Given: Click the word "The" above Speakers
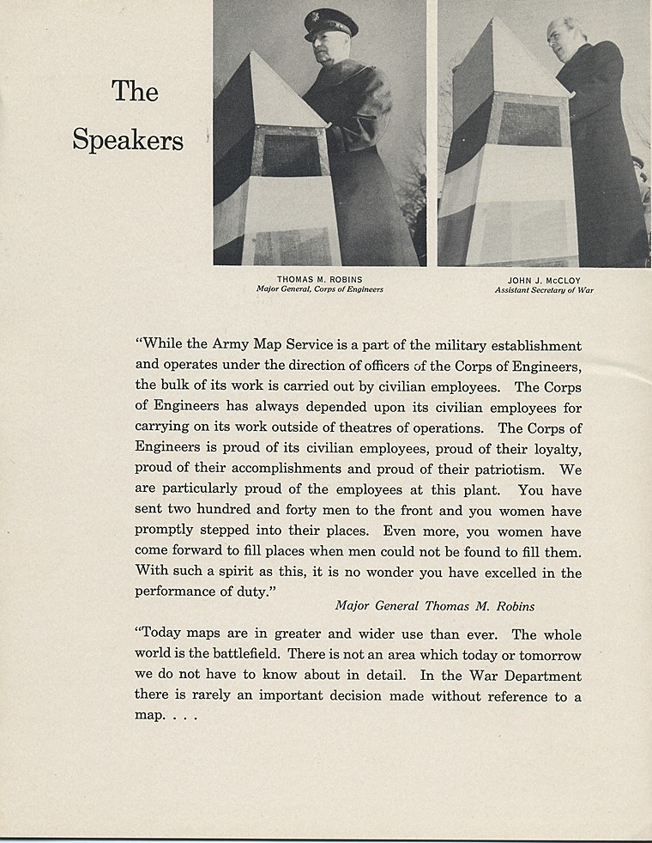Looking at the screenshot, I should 135,90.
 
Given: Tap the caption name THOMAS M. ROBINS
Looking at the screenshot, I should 319,279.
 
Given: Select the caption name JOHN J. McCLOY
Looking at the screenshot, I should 544,280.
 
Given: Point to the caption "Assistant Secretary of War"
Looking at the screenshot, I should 544,290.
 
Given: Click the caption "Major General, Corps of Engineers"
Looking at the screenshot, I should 319,289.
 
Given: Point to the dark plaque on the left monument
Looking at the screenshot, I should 290,155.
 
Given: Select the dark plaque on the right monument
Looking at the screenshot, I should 528,124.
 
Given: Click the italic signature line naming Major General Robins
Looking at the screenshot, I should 434,606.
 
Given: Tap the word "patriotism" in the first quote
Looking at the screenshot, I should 500,470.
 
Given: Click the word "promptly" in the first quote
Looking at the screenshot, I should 162,532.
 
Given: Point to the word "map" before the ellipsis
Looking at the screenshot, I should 146,716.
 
